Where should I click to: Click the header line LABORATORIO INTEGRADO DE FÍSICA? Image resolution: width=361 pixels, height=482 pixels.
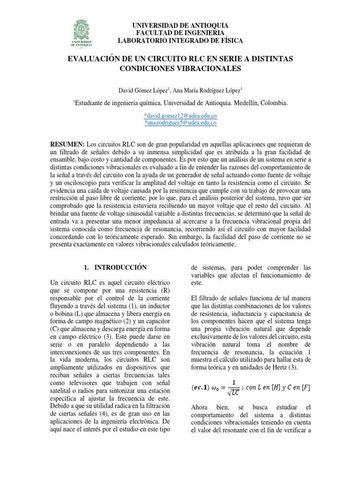click(x=180, y=41)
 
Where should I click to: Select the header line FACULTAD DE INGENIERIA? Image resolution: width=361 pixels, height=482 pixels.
click(x=180, y=32)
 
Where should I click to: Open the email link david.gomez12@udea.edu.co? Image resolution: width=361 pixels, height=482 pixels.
click(x=180, y=115)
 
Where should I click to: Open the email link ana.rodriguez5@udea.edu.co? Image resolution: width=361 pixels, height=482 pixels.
click(x=180, y=122)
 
